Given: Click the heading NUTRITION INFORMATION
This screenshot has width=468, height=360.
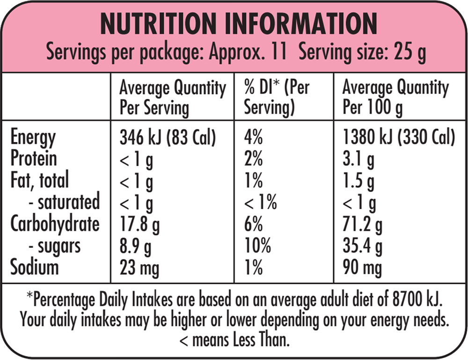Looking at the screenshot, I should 239,23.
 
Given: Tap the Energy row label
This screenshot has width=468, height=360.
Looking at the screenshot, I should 33,139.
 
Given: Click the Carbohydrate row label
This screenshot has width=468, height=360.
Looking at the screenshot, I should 55,223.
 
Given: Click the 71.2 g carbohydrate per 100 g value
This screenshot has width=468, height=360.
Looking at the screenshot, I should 362,225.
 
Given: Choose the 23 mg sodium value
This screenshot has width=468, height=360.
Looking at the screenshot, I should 139,269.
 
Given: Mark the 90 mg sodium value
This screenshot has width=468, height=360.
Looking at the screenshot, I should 362,269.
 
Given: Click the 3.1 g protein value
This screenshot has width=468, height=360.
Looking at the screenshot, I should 358,160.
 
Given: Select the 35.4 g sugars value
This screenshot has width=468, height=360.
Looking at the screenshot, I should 363,247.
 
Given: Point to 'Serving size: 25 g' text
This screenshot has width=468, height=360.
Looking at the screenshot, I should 362,53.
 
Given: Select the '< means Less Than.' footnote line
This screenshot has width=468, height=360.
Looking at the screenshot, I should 234,340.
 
